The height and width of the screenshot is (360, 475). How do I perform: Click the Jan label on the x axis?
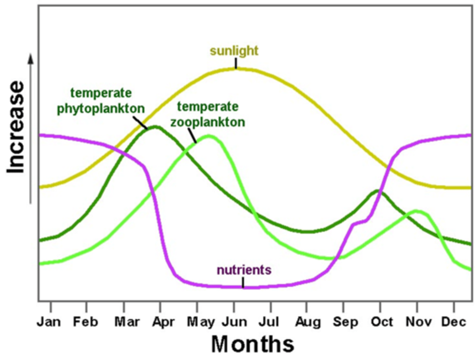click(x=49, y=321)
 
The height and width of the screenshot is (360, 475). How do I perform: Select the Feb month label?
click(x=85, y=321)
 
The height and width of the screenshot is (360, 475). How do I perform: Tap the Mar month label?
click(x=127, y=321)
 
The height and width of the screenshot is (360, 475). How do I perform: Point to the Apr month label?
click(x=163, y=321)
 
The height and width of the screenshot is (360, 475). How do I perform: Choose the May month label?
click(x=201, y=322)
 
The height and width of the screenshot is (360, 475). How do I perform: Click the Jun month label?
click(x=234, y=321)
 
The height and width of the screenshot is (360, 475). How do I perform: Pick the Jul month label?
click(x=269, y=321)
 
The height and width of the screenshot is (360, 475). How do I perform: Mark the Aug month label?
click(x=308, y=322)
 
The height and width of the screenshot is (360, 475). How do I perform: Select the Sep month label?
click(x=345, y=322)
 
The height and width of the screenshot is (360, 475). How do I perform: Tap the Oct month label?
click(x=382, y=321)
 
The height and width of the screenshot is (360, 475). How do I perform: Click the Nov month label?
click(x=419, y=321)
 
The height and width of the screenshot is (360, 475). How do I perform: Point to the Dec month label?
click(x=454, y=321)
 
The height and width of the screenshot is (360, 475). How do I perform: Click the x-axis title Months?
click(x=252, y=344)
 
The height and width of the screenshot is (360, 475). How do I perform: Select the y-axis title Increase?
click(x=16, y=127)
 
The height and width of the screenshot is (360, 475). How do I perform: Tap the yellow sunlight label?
click(x=234, y=51)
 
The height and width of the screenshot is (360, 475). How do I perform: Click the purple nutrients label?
click(x=244, y=270)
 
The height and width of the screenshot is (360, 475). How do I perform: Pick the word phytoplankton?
click(x=101, y=109)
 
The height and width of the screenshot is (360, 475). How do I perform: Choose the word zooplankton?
click(x=208, y=122)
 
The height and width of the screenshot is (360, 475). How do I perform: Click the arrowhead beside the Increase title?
click(x=31, y=59)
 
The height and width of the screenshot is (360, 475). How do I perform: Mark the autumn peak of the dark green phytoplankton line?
click(x=377, y=191)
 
